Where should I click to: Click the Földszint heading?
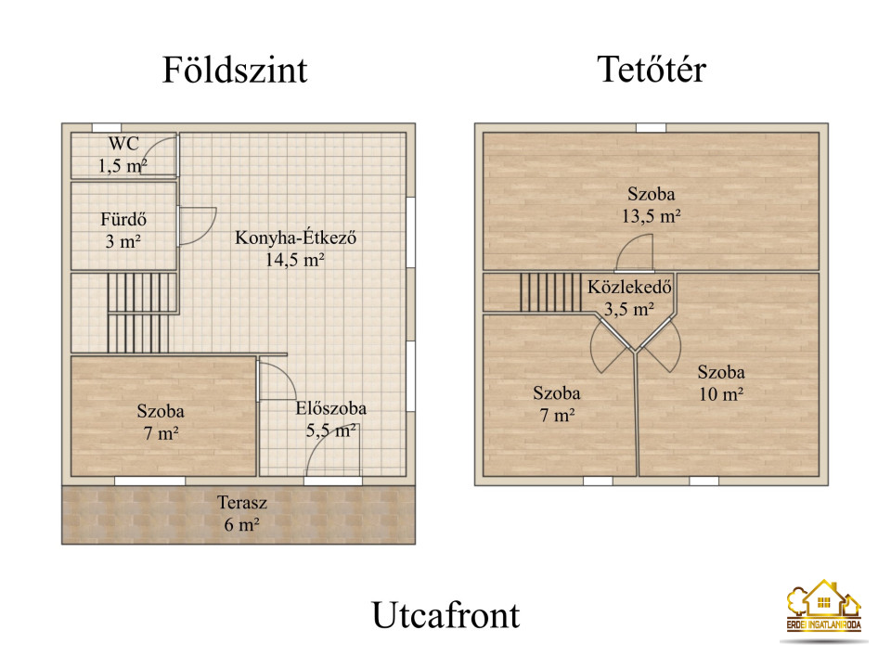pyautogui.click(x=235, y=70)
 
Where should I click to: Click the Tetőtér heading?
pyautogui.click(x=652, y=70)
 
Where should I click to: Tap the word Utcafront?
pyautogui.click(x=446, y=615)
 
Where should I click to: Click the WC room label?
pyautogui.click(x=123, y=143)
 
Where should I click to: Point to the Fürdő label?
pyautogui.click(x=123, y=219)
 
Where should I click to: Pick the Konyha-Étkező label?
pyautogui.click(x=295, y=238)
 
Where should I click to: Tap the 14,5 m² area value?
pyautogui.click(x=295, y=260)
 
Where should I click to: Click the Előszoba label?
pyautogui.click(x=330, y=408)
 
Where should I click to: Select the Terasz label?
pyautogui.click(x=242, y=503)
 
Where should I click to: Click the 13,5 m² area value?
pyautogui.click(x=652, y=216)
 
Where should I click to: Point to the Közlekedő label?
pyautogui.click(x=629, y=287)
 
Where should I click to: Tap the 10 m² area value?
pyautogui.click(x=721, y=394)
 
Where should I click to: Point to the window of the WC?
pyautogui.click(x=107, y=128)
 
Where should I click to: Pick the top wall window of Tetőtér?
pyautogui.click(x=651, y=128)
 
